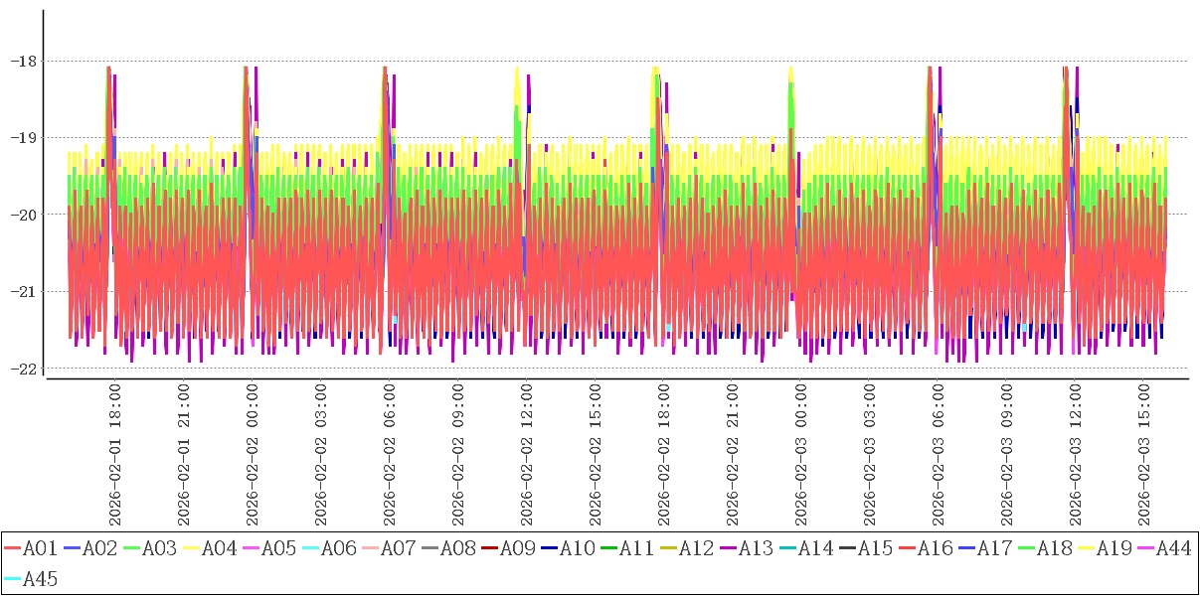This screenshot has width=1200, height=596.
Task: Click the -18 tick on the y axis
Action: point(23,61)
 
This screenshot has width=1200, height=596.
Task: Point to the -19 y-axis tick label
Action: point(23,137)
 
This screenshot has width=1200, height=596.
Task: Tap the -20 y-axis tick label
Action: point(23,215)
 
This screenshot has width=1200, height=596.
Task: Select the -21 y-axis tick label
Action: point(23,291)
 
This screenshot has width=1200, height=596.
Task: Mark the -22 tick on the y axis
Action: point(23,369)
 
